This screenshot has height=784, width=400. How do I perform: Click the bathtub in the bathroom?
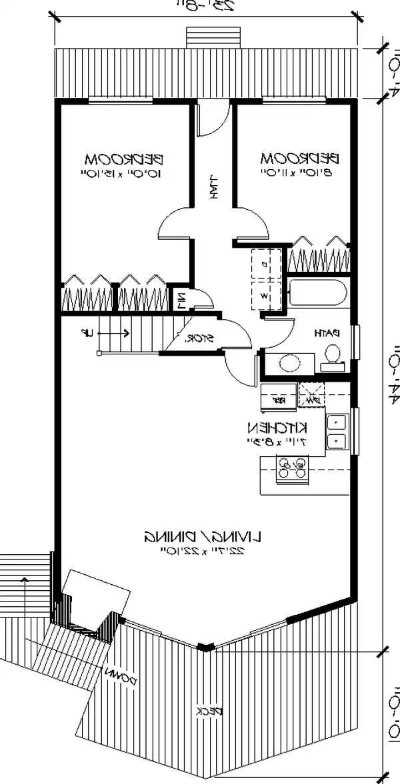click(x=317, y=294)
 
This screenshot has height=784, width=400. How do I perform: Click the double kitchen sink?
click(x=336, y=431)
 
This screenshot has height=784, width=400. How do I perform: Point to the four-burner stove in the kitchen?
click(x=292, y=467)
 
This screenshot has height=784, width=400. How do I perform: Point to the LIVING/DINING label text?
click(x=203, y=535)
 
